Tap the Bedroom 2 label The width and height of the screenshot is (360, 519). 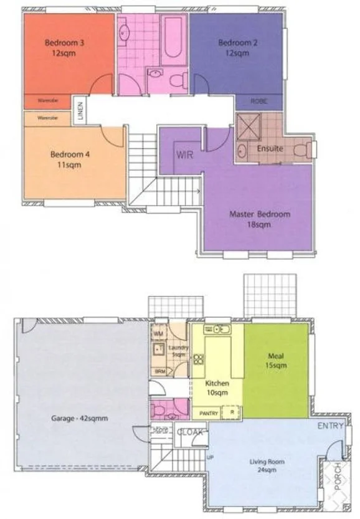pos(234,48)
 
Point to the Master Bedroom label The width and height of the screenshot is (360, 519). pos(260,219)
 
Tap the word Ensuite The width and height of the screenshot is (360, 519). pos(270,149)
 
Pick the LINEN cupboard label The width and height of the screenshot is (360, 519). pos(80,110)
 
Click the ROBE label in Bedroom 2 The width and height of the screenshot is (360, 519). pos(259,101)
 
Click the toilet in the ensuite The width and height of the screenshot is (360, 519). pos(305,149)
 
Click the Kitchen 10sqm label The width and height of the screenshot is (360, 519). pos(217,388)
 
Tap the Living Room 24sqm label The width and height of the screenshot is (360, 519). pos(267,465)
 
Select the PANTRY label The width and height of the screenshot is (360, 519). pos(209,412)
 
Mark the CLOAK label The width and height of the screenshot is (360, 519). pos(189,431)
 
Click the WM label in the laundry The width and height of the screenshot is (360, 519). pos(158,334)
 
